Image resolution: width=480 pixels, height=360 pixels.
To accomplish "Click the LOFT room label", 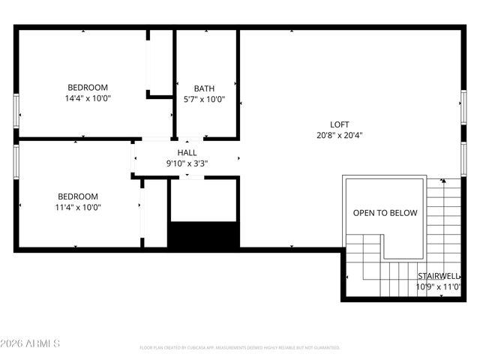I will [x=340, y=124].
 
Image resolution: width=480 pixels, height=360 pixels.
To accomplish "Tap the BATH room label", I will [x=204, y=88].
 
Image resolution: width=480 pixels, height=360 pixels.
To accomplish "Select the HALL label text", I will [x=187, y=152].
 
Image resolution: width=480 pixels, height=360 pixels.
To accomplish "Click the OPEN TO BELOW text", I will [x=385, y=213].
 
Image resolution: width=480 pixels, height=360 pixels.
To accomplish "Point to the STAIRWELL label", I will [x=439, y=276].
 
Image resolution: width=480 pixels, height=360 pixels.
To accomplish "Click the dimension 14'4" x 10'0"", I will [x=88, y=98].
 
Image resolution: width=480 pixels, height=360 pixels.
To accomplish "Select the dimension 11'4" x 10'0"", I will [x=77, y=208].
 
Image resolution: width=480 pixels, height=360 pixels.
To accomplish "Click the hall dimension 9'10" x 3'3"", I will [x=187, y=163].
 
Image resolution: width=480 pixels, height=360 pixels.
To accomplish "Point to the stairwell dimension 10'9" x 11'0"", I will [x=439, y=286].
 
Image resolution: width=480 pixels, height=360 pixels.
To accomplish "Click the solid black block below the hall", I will [x=203, y=235].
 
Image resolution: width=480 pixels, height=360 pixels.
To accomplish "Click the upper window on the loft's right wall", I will [x=463, y=106].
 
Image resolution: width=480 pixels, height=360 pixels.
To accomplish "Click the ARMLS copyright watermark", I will [x=31, y=343].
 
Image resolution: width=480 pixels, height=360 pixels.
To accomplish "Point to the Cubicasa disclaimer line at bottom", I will [x=240, y=348].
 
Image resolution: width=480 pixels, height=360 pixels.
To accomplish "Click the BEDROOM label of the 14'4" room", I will [x=88, y=87].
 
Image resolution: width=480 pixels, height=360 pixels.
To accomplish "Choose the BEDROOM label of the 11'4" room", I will [x=77, y=196].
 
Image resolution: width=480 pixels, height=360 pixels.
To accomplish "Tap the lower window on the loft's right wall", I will [x=463, y=157].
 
